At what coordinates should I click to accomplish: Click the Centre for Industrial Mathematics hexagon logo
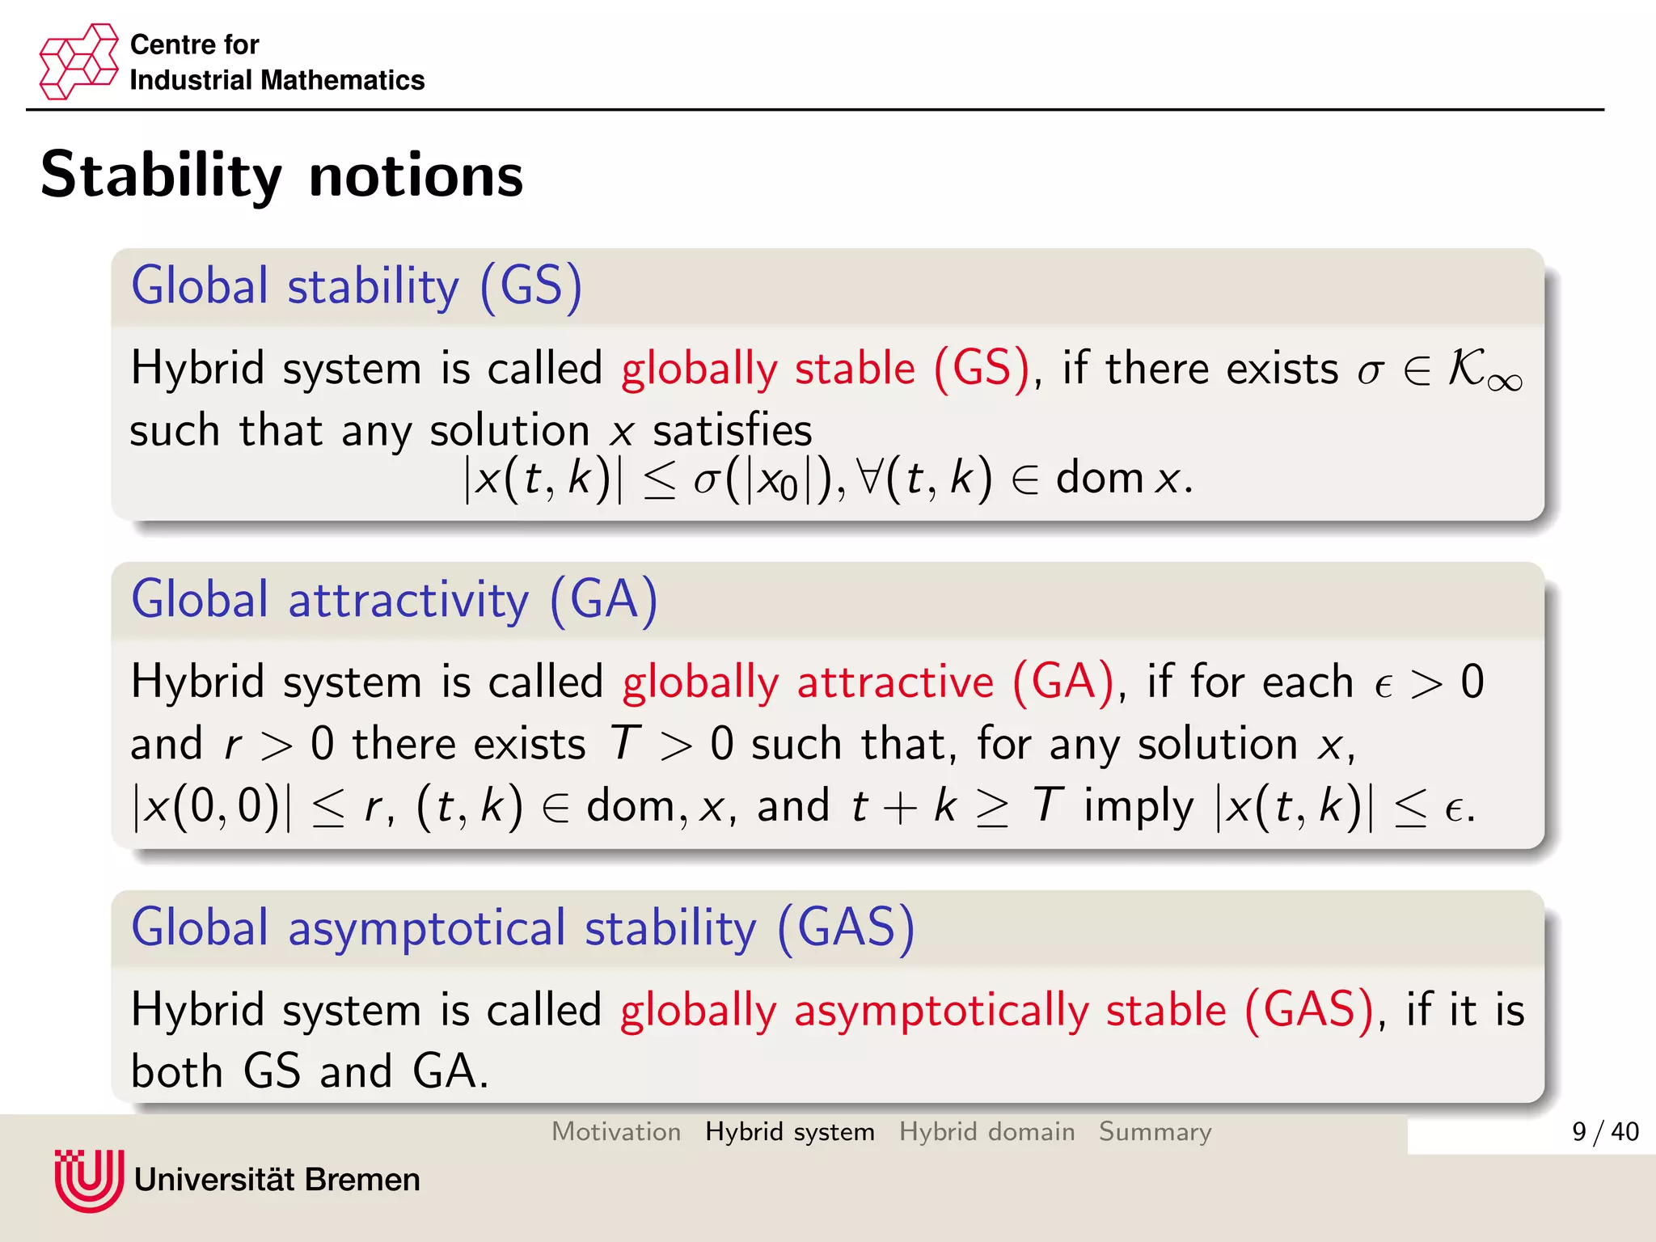pyautogui.click(x=78, y=61)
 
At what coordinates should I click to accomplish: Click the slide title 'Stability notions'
pyautogui.click(x=281, y=175)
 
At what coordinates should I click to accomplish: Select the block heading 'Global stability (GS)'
pyautogui.click(x=357, y=286)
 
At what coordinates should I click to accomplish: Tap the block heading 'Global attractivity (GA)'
pyautogui.click(x=395, y=600)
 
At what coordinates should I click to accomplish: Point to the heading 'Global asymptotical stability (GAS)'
pyautogui.click(x=523, y=927)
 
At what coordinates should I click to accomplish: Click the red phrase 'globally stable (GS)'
pyautogui.click(x=826, y=369)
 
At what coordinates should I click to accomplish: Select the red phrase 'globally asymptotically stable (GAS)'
pyautogui.click(x=997, y=1010)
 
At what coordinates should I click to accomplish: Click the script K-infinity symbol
pyautogui.click(x=1483, y=370)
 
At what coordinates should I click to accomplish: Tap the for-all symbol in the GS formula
pyautogui.click(x=870, y=477)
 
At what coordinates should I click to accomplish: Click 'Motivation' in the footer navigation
pyautogui.click(x=616, y=1131)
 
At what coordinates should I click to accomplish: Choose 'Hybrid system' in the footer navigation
pyautogui.click(x=789, y=1131)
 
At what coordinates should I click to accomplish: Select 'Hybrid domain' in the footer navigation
pyautogui.click(x=986, y=1131)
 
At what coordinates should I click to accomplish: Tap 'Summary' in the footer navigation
pyautogui.click(x=1155, y=1131)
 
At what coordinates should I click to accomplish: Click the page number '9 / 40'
pyautogui.click(x=1604, y=1131)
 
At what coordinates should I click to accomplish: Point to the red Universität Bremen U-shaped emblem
pyautogui.click(x=89, y=1180)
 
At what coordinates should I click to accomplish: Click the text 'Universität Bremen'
pyautogui.click(x=277, y=1180)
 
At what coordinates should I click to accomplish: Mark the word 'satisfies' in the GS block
pyautogui.click(x=732, y=430)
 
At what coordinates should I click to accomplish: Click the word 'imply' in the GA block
pyautogui.click(x=1138, y=806)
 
